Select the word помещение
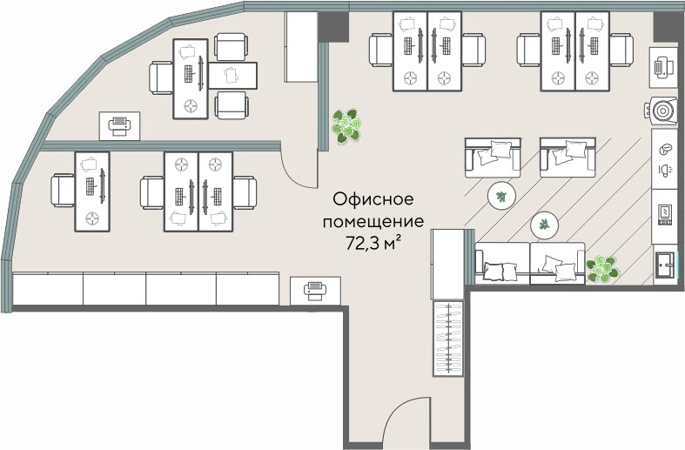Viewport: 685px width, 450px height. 373,221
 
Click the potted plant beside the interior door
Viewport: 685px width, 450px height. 348,126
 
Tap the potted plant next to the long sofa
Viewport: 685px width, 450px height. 602,268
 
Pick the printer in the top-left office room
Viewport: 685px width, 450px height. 118,126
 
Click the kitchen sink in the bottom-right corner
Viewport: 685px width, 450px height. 666,264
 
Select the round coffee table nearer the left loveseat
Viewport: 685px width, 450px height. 500,195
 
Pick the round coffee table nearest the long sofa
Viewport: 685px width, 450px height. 545,225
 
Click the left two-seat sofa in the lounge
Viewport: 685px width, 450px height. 493,157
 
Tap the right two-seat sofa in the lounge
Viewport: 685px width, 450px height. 567,157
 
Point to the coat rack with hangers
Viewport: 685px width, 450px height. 449,338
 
